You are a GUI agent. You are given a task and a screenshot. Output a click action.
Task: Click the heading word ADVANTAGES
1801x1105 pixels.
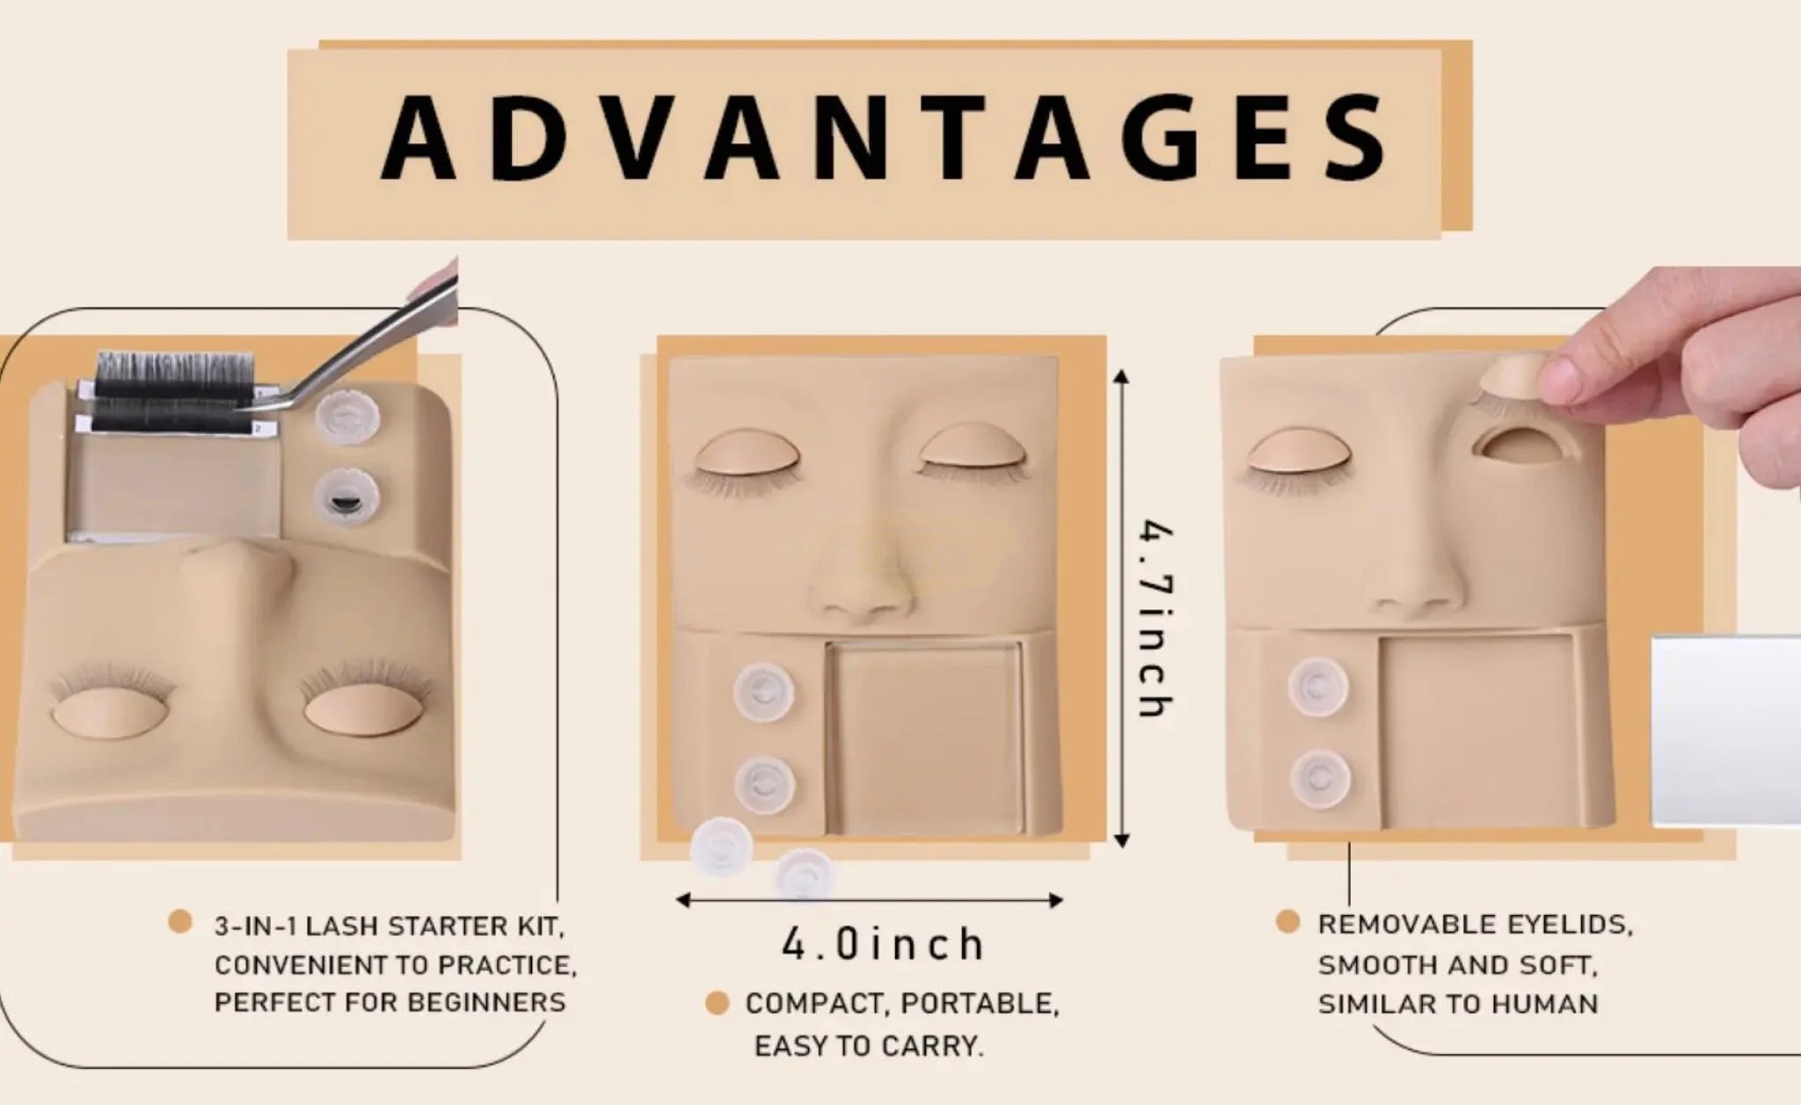coord(883,138)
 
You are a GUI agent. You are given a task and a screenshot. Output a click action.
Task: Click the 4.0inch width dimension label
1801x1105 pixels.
coord(883,944)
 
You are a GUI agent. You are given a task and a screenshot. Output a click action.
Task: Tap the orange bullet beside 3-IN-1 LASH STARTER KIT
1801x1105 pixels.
coord(180,921)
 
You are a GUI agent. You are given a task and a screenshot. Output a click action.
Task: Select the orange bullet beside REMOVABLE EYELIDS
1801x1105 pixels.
coord(1287,922)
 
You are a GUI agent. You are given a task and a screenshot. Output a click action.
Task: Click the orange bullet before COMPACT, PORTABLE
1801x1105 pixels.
coord(718,1003)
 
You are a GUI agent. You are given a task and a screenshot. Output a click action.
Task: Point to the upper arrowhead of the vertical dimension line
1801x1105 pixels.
coord(1120,378)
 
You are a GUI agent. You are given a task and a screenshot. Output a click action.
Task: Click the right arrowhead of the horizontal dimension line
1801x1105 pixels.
coord(1055,899)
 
